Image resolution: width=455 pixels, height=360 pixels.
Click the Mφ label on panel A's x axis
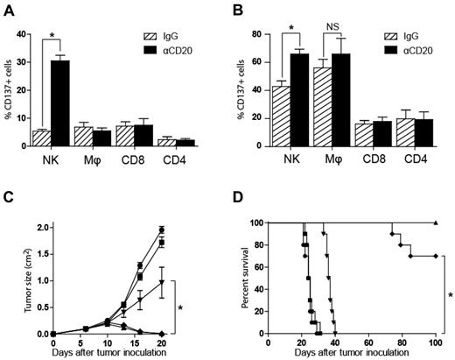point(94,161)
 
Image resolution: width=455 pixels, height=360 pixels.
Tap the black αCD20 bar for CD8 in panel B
point(389,132)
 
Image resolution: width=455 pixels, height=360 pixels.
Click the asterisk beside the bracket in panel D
point(450,295)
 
